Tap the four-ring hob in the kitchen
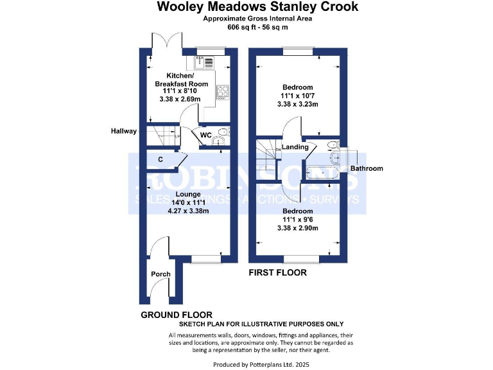(223, 93)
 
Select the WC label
(206, 135)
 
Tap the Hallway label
(124, 131)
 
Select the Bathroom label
(367, 168)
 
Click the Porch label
(160, 274)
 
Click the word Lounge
(188, 194)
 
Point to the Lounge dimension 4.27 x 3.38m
(188, 211)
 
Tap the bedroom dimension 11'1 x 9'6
(295, 220)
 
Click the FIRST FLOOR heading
(277, 272)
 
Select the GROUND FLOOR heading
(177, 315)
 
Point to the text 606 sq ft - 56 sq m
(257, 28)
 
